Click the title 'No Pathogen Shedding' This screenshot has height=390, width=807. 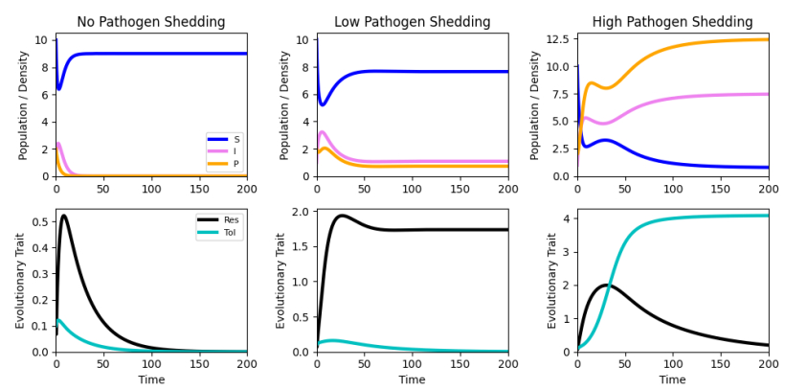150,22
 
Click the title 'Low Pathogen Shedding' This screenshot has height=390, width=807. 412,22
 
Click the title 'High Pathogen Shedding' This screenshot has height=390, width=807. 672,22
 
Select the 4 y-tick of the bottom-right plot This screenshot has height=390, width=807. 567,219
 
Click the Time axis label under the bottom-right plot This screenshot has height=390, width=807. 672,379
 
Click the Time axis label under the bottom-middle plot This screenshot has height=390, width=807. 412,379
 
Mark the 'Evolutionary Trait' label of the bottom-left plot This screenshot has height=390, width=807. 20,280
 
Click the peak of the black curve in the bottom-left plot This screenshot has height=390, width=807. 63,216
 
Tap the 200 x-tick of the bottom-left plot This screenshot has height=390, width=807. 246,365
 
